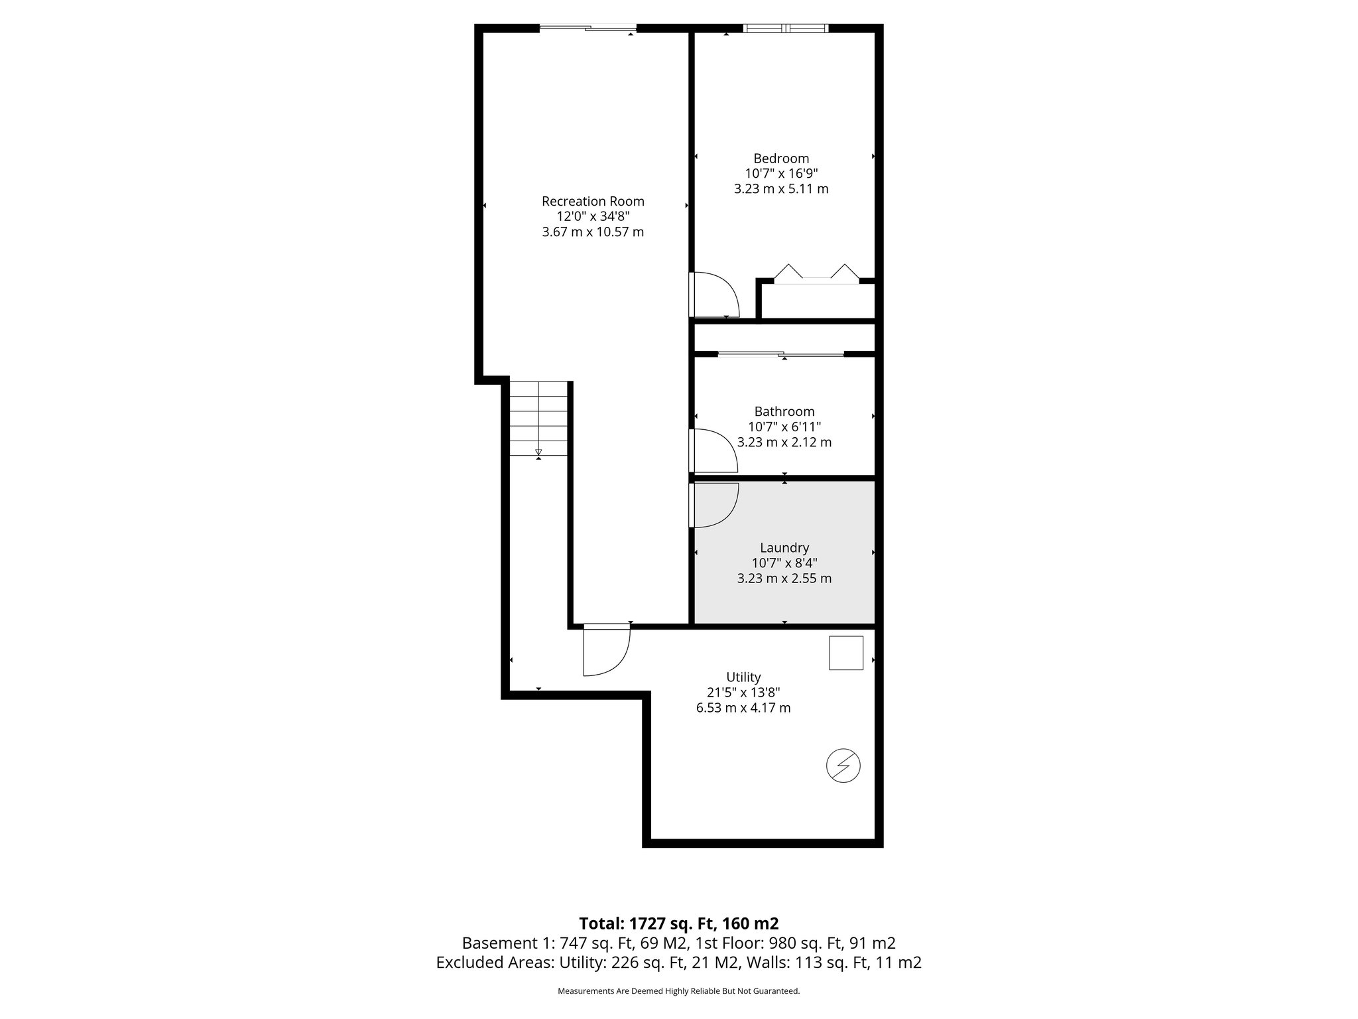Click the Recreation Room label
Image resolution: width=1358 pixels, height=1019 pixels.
pyautogui.click(x=593, y=201)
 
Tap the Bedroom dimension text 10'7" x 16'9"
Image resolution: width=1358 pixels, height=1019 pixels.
pyautogui.click(x=781, y=173)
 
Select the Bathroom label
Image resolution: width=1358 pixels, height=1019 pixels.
pyautogui.click(x=784, y=411)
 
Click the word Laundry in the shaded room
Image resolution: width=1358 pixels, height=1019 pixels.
pyautogui.click(x=784, y=547)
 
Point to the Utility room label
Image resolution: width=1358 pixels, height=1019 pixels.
pyautogui.click(x=743, y=677)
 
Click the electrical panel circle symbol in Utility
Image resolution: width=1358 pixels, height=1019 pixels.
pyautogui.click(x=843, y=766)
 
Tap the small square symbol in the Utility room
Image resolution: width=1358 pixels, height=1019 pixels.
pyautogui.click(x=846, y=653)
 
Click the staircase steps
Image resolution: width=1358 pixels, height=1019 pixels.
pyautogui.click(x=538, y=418)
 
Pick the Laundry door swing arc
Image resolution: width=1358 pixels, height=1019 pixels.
pyautogui.click(x=717, y=506)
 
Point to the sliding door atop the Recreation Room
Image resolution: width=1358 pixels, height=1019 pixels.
pyautogui.click(x=588, y=28)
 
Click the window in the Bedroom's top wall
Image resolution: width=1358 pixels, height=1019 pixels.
pyautogui.click(x=786, y=28)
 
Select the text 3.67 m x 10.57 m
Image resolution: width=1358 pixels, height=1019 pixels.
pyautogui.click(x=593, y=232)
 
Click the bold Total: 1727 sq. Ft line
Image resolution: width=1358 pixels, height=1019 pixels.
pyautogui.click(x=678, y=923)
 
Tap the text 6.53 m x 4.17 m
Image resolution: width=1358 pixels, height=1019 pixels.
pyautogui.click(x=743, y=708)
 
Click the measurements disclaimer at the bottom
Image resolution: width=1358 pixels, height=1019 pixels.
pyautogui.click(x=678, y=991)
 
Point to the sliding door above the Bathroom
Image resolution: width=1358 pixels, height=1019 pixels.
pyautogui.click(x=781, y=354)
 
